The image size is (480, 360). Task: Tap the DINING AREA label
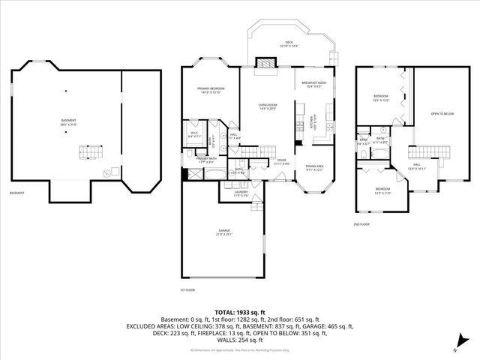314,167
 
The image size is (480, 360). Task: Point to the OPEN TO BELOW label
442,114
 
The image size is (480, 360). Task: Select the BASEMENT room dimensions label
68,123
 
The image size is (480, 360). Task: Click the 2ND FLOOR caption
361,223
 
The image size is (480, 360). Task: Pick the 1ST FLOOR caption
187,289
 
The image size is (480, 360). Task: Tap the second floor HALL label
416,167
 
